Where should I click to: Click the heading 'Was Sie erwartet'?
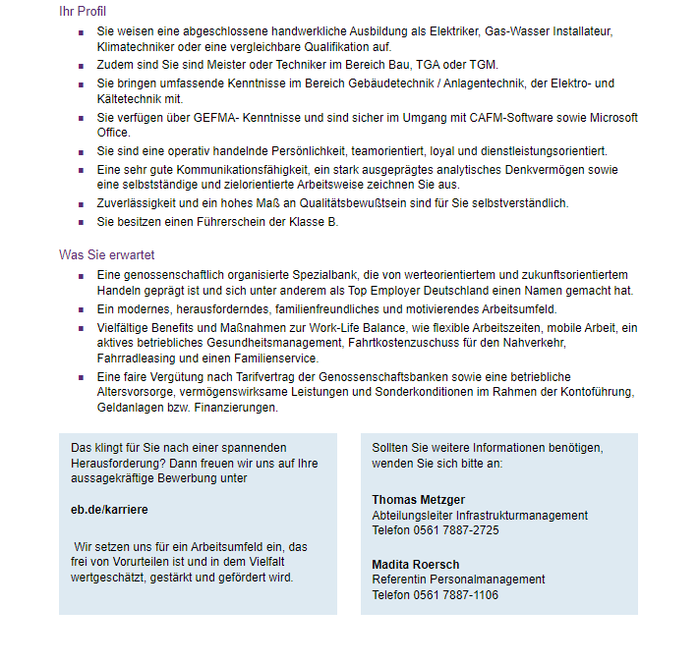(x=106, y=254)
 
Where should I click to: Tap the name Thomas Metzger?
(x=418, y=500)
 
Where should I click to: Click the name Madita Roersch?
(x=415, y=565)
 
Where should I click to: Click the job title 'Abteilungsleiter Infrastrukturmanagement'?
(x=480, y=516)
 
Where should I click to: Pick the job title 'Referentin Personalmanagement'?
(x=458, y=580)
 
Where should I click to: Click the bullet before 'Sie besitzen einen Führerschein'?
(x=82, y=223)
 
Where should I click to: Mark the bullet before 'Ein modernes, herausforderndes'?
(x=82, y=309)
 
